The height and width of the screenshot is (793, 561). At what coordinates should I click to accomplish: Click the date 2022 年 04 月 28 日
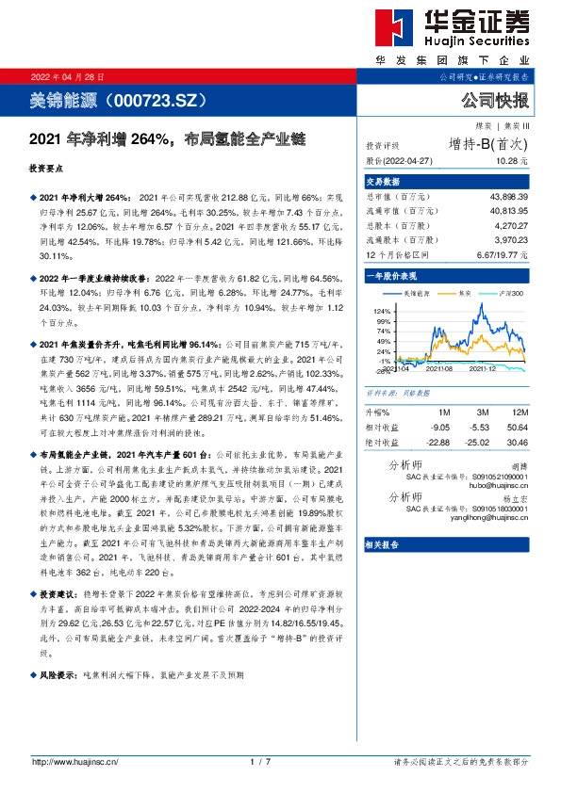(68, 75)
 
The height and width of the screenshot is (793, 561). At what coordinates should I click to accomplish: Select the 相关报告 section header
(384, 544)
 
